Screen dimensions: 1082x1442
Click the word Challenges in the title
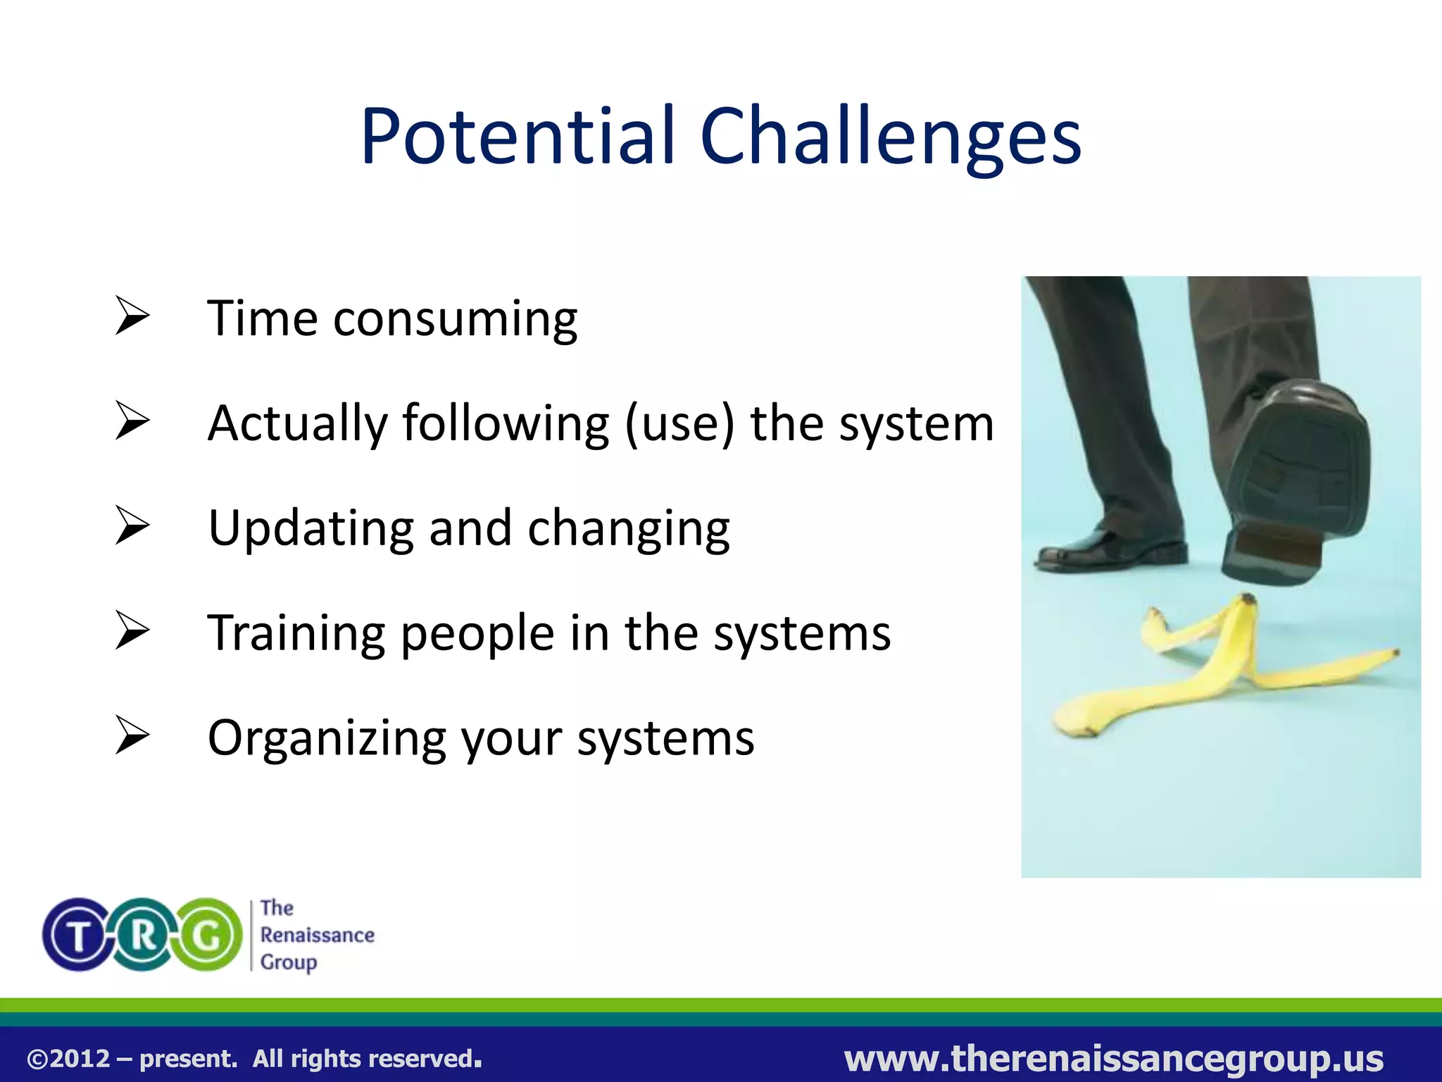[x=890, y=137]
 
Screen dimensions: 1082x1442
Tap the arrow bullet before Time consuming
[x=132, y=316]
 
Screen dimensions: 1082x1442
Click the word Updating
[x=311, y=529]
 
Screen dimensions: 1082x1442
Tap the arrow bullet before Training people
[x=132, y=630]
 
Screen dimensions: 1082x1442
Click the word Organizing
[x=327, y=739]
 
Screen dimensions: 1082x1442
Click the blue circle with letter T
[x=77, y=935]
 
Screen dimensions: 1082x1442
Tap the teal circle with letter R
[x=144, y=935]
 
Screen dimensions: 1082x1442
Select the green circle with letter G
[x=208, y=935]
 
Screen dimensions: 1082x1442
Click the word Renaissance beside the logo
[x=317, y=935]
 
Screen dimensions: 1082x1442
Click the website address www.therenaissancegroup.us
[x=1113, y=1058]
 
